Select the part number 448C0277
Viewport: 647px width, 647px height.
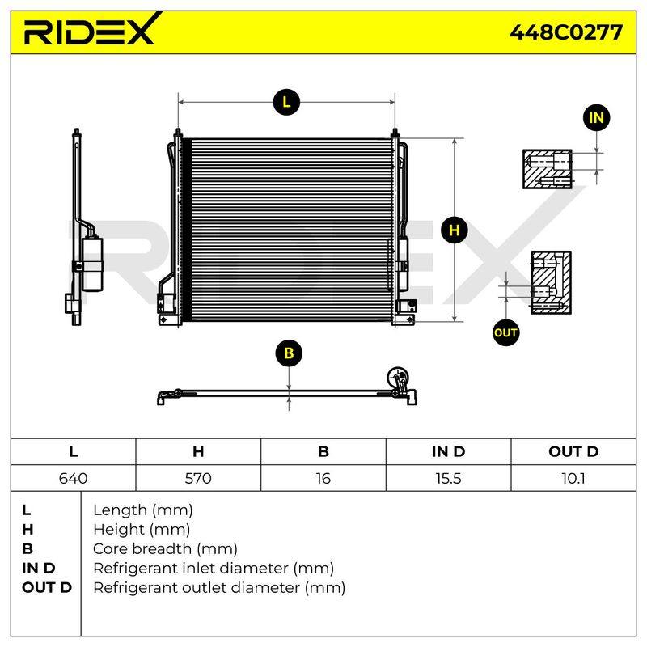566,32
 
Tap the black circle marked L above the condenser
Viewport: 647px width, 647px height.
286,102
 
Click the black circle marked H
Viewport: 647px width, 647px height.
455,230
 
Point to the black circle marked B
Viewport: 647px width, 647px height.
289,353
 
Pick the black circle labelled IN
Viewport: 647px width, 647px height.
596,117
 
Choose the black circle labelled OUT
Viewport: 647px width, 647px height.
506,332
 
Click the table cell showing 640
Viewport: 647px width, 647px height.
74,478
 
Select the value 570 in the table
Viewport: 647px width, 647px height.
198,478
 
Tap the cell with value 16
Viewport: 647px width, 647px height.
323,478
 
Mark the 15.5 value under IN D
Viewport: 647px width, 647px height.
449,478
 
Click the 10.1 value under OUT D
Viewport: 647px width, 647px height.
573,478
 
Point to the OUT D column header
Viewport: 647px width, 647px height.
573,451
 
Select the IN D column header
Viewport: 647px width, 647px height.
449,451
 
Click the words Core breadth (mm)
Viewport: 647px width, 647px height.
166,549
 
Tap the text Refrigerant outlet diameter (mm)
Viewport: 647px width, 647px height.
219,588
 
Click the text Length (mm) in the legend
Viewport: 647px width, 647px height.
143,510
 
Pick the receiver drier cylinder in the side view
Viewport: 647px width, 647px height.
92,264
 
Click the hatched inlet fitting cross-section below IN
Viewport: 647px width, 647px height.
548,169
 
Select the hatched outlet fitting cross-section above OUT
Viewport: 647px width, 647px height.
552,282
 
